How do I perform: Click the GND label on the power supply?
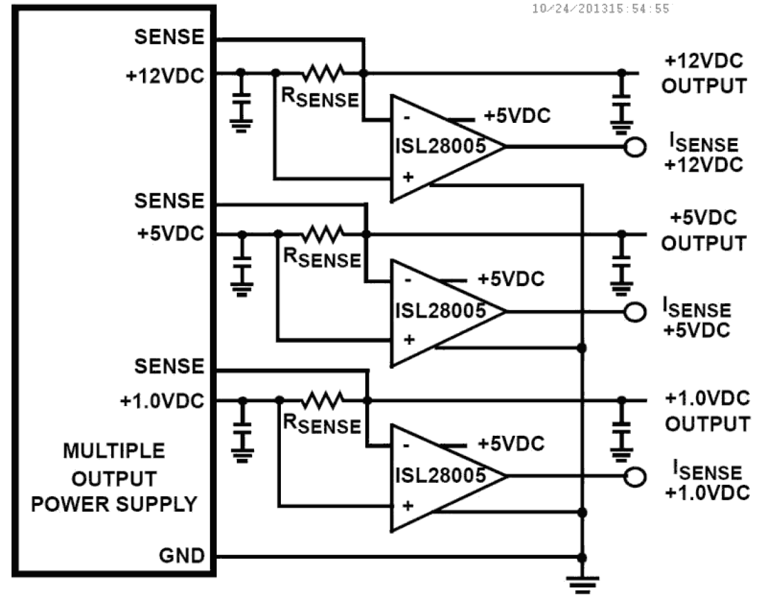pyautogui.click(x=181, y=556)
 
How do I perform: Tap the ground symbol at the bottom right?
pyautogui.click(x=581, y=584)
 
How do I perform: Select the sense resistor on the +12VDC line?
pyautogui.click(x=324, y=73)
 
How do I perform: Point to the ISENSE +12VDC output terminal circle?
pyautogui.click(x=635, y=147)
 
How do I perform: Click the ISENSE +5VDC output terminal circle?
pyautogui.click(x=635, y=312)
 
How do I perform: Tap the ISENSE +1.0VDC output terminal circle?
pyautogui.click(x=635, y=477)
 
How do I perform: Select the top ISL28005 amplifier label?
pyautogui.click(x=440, y=146)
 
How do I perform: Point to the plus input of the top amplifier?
pyautogui.click(x=408, y=177)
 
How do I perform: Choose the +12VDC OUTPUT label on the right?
pyautogui.click(x=703, y=73)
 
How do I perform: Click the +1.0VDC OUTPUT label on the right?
pyautogui.click(x=707, y=411)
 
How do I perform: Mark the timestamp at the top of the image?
pyautogui.click(x=600, y=9)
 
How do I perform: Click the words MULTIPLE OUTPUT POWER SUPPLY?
pyautogui.click(x=114, y=477)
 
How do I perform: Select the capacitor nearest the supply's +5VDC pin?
pyautogui.click(x=242, y=263)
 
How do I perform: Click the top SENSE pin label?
pyautogui.click(x=169, y=37)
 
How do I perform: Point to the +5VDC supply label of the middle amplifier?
pyautogui.click(x=511, y=279)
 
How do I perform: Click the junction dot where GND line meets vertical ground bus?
pyautogui.click(x=581, y=557)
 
